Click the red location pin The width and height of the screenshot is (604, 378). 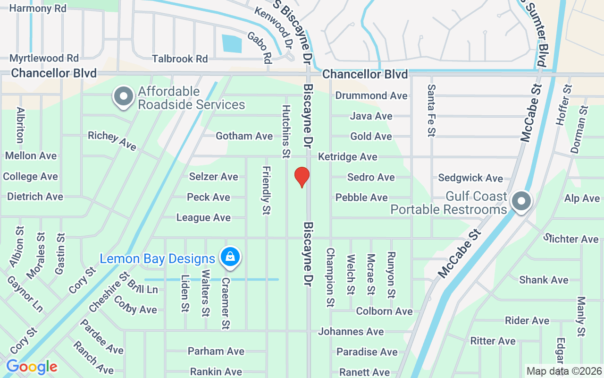[x=302, y=177]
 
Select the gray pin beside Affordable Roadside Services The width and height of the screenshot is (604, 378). [x=124, y=96]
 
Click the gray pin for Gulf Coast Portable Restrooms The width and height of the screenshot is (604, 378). [x=521, y=201]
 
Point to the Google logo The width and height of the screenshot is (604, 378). [x=32, y=367]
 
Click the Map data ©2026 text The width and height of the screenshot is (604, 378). [x=564, y=371]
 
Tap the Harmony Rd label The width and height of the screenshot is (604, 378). [x=38, y=9]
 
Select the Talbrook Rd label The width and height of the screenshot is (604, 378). [x=180, y=59]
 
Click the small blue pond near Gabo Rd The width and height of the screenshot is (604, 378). [x=232, y=44]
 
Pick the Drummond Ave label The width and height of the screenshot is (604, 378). [x=371, y=95]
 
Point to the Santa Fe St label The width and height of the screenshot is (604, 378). [x=431, y=110]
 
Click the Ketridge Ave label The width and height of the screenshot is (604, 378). [x=348, y=156]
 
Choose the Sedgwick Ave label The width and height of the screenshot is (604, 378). [x=470, y=178]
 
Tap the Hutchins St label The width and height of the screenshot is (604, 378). [x=286, y=131]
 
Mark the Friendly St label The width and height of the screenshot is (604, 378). [x=266, y=190]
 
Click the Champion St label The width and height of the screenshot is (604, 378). [x=330, y=277]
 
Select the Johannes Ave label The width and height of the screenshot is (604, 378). [x=351, y=332]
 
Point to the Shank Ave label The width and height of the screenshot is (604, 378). [x=544, y=280]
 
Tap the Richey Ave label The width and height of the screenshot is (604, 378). [x=112, y=140]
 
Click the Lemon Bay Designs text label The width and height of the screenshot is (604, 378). [x=158, y=259]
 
